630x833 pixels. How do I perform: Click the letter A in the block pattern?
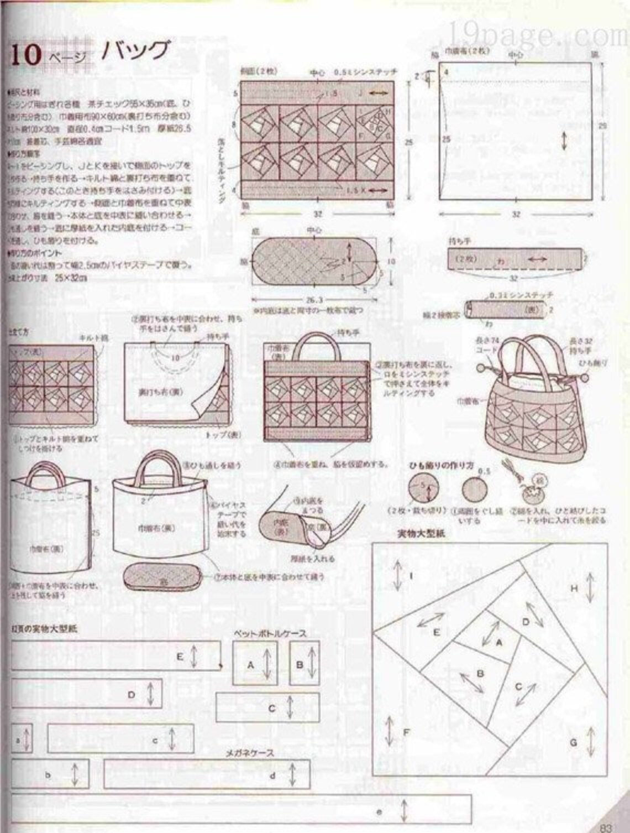(x=500, y=642)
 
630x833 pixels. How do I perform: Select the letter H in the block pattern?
(x=574, y=589)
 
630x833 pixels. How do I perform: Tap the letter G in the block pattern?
(x=573, y=742)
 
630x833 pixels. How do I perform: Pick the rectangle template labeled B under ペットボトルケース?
(x=305, y=664)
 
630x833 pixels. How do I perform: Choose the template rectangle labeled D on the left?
(x=87, y=694)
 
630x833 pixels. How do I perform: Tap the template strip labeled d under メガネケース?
(x=207, y=775)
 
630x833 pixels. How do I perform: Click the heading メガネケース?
(x=249, y=753)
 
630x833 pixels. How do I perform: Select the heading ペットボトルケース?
(x=270, y=634)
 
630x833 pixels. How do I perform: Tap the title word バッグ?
(x=134, y=51)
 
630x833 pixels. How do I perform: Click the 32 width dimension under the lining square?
(x=516, y=214)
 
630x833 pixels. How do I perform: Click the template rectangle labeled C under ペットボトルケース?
(x=267, y=708)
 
